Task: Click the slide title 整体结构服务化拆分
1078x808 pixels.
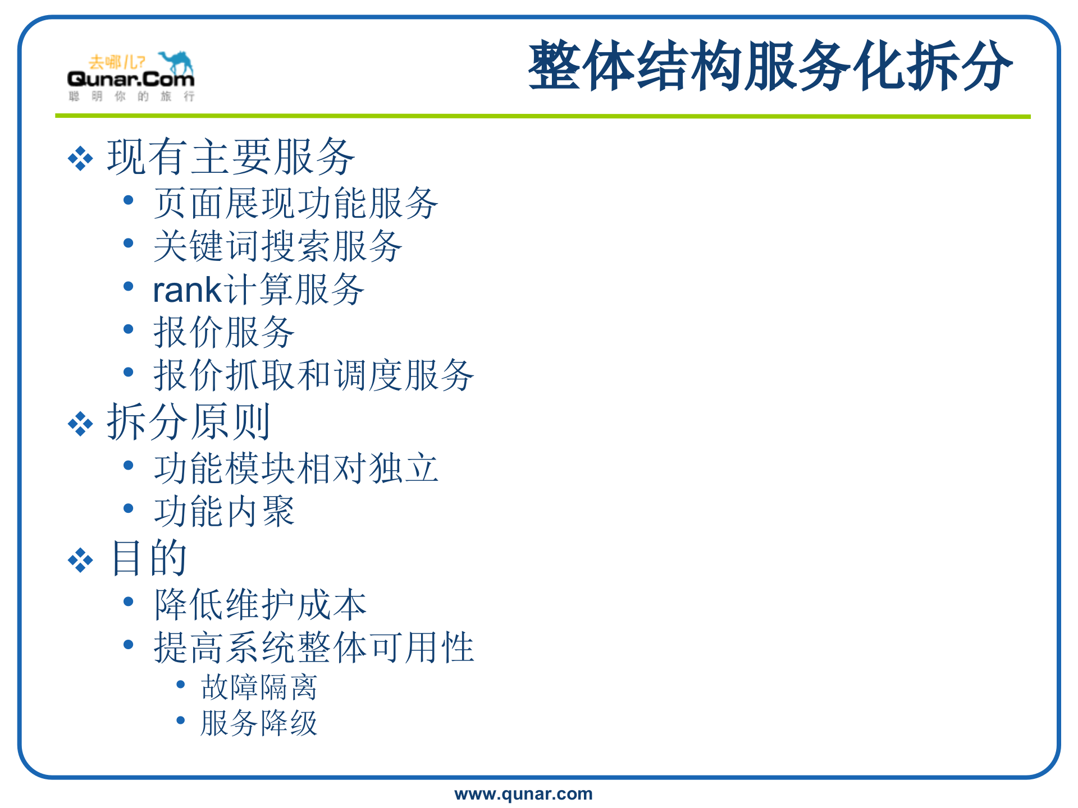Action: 770,66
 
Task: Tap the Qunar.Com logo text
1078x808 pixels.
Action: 131,79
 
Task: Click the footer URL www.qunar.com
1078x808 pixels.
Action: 523,793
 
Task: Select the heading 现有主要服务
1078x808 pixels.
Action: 231,157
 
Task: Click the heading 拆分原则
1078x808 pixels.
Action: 189,422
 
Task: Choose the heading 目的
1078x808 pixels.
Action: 149,558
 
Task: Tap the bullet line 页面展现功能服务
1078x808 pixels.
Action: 296,203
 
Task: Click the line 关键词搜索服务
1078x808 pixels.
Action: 278,246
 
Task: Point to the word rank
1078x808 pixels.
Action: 188,290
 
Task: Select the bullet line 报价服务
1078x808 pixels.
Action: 224,332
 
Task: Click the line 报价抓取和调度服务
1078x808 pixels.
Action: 314,375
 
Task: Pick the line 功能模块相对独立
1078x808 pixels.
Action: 296,469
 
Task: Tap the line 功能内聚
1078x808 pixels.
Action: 224,511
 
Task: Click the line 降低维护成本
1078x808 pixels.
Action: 260,605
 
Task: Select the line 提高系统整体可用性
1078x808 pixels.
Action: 314,648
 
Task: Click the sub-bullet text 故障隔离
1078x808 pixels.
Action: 259,687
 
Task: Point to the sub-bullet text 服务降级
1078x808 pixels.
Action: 259,723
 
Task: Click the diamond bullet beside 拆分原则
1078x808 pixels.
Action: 80,424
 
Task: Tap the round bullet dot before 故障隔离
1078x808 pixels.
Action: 181,685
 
